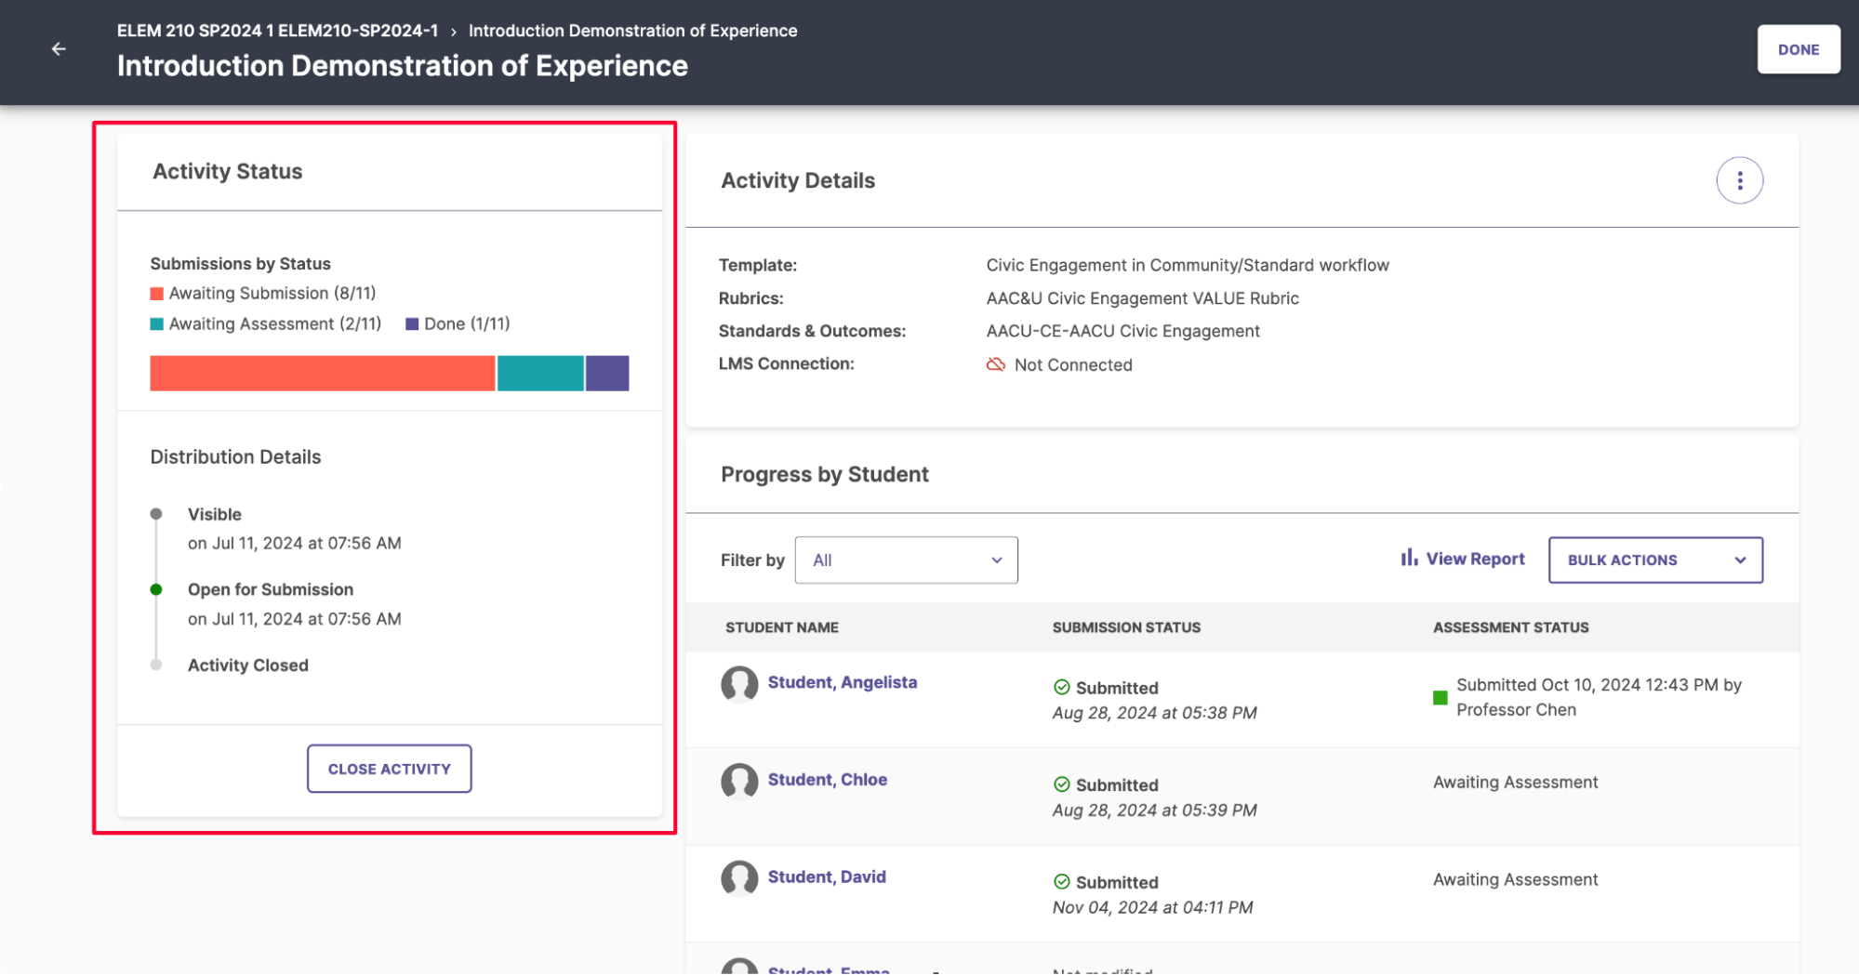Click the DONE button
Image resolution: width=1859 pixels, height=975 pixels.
coord(1798,49)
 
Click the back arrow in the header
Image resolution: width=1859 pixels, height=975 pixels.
coord(59,49)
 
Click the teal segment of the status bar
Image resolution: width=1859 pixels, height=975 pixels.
coord(540,373)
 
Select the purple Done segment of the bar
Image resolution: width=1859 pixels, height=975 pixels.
coord(607,373)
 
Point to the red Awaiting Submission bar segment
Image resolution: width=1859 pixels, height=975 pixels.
coord(322,373)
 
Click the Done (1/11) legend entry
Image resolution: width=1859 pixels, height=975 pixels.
coord(458,323)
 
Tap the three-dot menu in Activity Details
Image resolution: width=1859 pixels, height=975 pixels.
coord(1739,180)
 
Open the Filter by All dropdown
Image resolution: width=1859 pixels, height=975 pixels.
coord(906,560)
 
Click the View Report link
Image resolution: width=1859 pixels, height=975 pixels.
coord(1463,559)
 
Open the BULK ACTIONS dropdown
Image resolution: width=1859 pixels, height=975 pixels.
coord(1655,560)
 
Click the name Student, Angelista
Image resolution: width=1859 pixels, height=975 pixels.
coord(842,682)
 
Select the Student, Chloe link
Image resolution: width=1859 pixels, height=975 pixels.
coord(827,780)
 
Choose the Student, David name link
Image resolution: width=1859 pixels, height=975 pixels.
coord(826,876)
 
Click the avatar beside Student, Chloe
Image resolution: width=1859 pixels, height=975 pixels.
coord(739,781)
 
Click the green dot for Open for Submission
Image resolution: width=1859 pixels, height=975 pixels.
coord(156,589)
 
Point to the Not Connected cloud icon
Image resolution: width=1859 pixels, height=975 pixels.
coord(996,364)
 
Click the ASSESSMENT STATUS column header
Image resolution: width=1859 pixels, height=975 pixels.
coord(1510,627)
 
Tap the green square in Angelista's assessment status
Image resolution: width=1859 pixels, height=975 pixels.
coord(1440,698)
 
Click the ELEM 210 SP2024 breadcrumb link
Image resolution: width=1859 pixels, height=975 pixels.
coord(277,31)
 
